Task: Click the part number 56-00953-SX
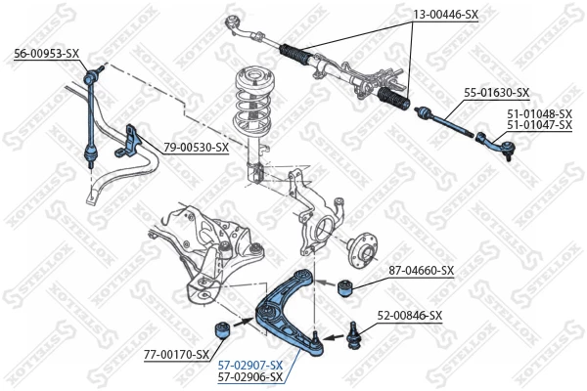pos(46,53)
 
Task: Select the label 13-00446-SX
pos(445,16)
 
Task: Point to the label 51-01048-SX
pos(539,113)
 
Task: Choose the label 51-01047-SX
pos(539,125)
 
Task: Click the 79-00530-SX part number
pos(196,148)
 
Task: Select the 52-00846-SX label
pos(410,316)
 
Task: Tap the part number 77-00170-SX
pos(177,354)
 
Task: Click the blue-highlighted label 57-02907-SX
pos(248,365)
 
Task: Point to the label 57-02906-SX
pos(248,376)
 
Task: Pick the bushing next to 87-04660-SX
pos(343,287)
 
